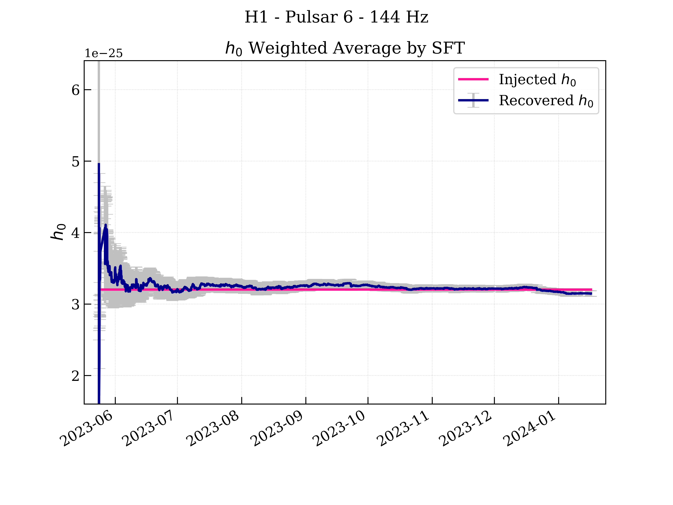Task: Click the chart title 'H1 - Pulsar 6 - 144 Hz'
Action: pos(336,17)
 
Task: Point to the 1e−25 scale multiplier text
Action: pos(103,54)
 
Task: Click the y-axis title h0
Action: pos(58,232)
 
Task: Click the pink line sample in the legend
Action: pos(473,79)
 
